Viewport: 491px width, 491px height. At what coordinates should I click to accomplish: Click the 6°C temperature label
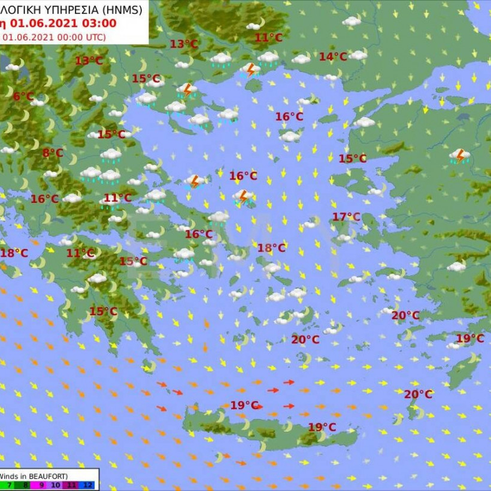[x=23, y=96]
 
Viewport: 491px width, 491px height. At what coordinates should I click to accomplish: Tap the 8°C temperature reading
[x=53, y=153]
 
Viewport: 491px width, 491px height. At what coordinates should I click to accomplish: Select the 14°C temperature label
[x=333, y=56]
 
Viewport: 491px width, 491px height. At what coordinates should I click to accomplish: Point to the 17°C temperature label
[x=347, y=216]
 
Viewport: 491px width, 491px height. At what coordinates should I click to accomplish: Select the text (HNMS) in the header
[x=122, y=9]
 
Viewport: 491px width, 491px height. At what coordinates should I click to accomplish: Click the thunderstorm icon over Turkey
[x=460, y=156]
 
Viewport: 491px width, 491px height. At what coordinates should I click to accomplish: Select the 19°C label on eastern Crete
[x=322, y=427]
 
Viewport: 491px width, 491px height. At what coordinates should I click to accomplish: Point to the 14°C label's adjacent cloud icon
[x=357, y=55]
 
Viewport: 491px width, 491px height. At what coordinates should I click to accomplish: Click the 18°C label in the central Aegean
[x=271, y=247]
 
